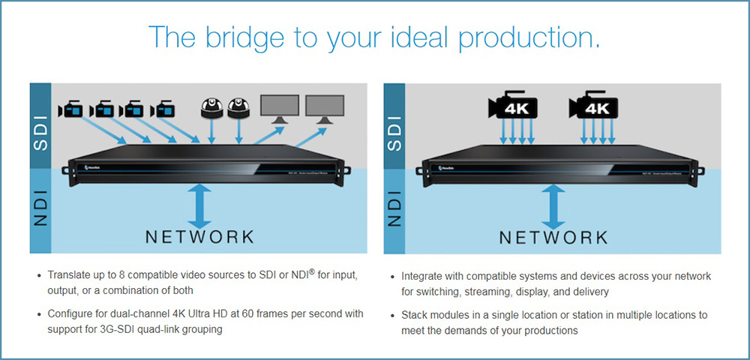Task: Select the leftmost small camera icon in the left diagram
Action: coord(69,110)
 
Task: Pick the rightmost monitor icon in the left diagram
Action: coord(325,107)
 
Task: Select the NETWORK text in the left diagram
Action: coord(199,237)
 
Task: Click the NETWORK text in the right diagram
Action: coord(554,237)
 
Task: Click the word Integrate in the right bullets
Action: coord(424,276)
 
